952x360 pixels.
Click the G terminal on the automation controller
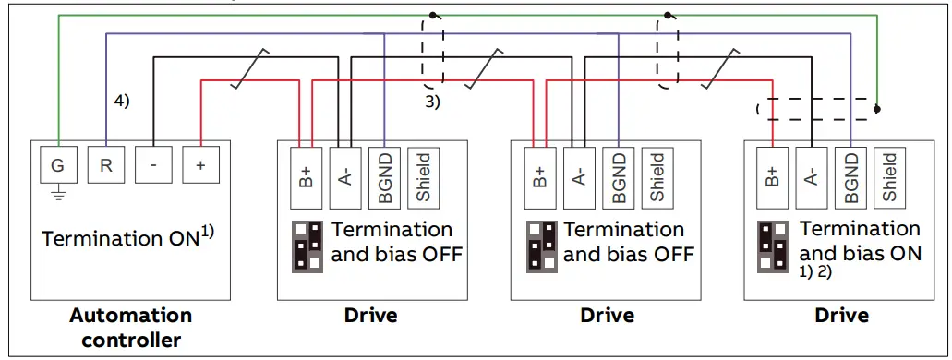pos(57,166)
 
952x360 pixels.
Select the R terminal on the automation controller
pos(105,166)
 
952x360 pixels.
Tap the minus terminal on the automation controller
pos(152,166)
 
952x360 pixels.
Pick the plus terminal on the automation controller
pos(200,166)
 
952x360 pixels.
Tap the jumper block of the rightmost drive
pos(773,246)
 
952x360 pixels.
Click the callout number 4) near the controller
pos(121,101)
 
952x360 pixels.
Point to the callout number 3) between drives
pos(432,102)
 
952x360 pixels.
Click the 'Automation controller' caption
pos(130,328)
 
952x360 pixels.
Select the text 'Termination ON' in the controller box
pos(120,238)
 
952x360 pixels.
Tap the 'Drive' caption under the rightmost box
pos(841,316)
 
